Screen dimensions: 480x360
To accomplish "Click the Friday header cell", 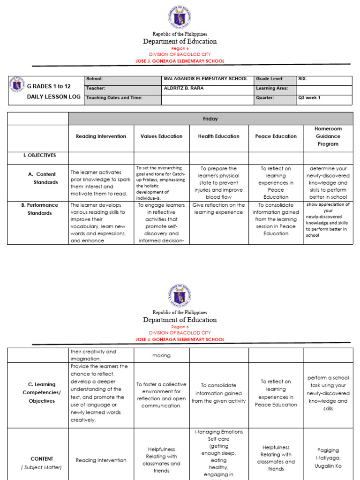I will (x=210, y=119).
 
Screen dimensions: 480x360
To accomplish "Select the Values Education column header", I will (x=161, y=136).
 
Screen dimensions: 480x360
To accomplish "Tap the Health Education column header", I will (x=219, y=136).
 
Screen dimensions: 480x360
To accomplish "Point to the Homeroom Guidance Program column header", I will (x=328, y=136).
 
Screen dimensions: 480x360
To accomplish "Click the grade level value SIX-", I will (x=304, y=79).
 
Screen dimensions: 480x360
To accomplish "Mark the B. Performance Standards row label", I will (x=39, y=209).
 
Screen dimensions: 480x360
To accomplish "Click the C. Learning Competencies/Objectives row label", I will (x=42, y=393).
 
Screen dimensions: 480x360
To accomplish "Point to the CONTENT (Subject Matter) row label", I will (x=42, y=463).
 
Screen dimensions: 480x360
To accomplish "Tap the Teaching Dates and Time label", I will (x=113, y=98).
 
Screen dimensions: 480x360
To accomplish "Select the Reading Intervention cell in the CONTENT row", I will (x=101, y=460).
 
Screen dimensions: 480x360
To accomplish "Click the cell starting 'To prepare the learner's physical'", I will (x=219, y=183).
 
